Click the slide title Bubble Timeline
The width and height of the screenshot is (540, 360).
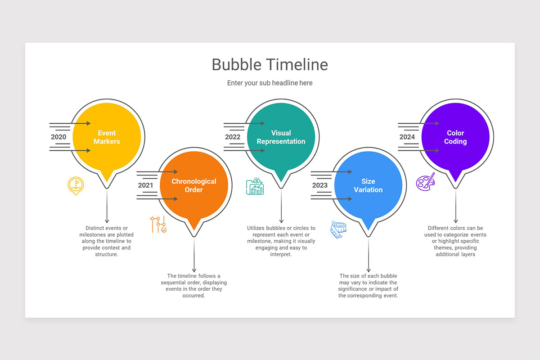270,64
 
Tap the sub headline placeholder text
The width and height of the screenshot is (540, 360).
270,83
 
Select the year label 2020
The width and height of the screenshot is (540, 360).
58,137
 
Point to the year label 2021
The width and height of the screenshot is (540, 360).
145,185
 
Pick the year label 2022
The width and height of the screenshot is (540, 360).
233,137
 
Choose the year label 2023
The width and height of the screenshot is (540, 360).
319,185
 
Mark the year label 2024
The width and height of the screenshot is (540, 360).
407,137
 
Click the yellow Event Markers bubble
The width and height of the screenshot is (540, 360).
107,137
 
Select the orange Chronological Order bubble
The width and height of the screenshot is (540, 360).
194,185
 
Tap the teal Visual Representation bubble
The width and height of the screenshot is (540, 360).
281,137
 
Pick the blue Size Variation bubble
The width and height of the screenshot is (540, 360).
368,185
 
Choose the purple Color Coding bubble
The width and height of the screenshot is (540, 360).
455,137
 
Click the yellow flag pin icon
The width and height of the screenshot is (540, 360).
76,185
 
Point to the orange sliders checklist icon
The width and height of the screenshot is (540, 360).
158,224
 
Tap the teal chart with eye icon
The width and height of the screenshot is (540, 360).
255,186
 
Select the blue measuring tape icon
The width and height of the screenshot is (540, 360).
338,229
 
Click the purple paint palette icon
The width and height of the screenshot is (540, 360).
425,181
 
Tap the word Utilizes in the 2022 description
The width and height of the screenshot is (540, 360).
256,228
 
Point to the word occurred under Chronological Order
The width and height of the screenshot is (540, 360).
194,296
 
